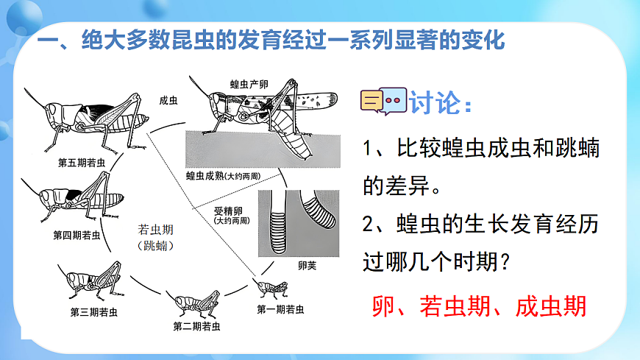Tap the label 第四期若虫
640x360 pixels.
coord(77,235)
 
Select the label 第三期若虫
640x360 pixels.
coord(93,311)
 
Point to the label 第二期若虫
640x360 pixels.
coord(196,325)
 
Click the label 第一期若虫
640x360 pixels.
coord(280,308)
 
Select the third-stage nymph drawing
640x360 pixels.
coord(92,280)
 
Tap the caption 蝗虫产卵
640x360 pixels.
coord(249,85)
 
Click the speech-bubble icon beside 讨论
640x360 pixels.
coord(382,102)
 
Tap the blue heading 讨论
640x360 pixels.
coord(440,102)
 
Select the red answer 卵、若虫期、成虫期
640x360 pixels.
coord(479,306)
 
